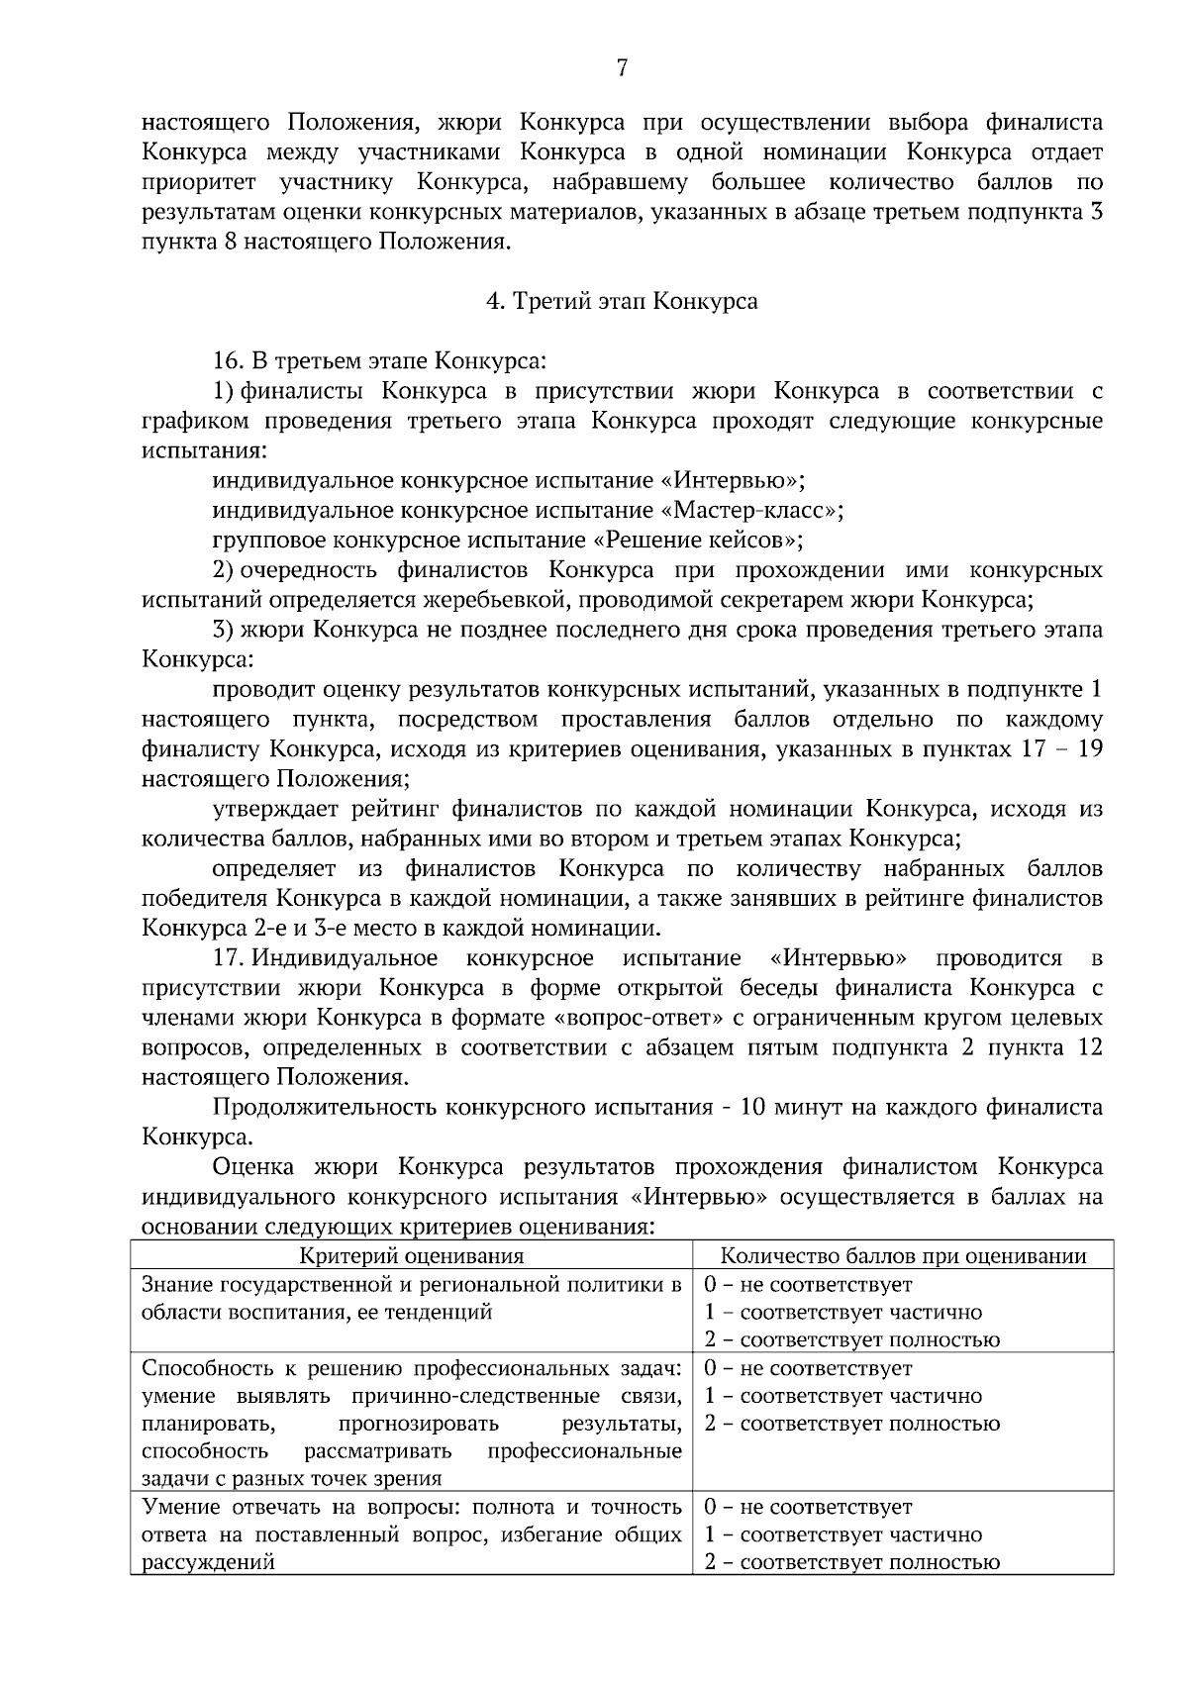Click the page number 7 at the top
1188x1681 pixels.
point(622,67)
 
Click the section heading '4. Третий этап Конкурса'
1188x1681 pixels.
point(622,301)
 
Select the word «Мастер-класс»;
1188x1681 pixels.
point(751,511)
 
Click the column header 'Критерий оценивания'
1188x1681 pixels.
point(412,1256)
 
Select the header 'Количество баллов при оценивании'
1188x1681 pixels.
point(903,1256)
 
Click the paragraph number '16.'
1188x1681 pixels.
point(230,361)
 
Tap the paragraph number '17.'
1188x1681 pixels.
point(230,958)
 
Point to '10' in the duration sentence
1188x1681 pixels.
point(753,1107)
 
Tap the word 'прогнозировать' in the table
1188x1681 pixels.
point(418,1424)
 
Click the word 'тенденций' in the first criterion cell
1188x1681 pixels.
point(444,1313)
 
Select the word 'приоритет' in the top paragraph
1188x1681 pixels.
point(199,182)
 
